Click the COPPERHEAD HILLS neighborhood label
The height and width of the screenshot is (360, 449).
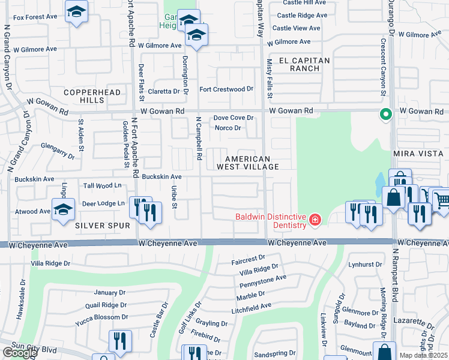point(93,96)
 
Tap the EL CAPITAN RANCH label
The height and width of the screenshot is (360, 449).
point(304,64)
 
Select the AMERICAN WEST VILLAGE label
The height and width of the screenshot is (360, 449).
point(252,163)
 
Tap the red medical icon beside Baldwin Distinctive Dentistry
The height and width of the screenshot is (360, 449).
point(313,221)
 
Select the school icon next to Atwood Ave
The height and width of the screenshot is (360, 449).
point(63,210)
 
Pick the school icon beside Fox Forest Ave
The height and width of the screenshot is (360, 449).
point(76,12)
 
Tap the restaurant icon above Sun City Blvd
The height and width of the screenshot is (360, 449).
point(120,341)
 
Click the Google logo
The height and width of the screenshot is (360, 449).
point(19,353)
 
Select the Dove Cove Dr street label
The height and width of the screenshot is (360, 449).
point(234,118)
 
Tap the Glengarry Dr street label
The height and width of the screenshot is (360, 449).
point(58,149)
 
